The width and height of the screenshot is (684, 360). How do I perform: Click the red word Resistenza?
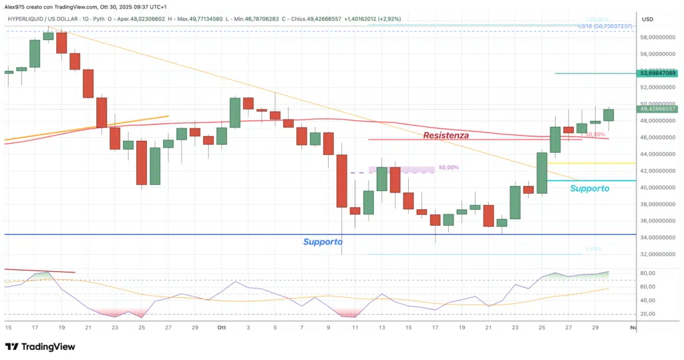click(446, 135)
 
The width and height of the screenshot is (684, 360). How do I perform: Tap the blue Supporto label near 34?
click(323, 241)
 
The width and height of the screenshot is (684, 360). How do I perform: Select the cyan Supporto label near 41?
click(589, 188)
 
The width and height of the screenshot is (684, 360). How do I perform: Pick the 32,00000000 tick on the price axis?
click(657, 254)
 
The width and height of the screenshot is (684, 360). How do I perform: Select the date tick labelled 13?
click(381, 327)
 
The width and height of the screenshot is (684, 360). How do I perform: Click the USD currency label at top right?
click(647, 19)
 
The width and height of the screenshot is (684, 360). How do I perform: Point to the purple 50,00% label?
click(448, 168)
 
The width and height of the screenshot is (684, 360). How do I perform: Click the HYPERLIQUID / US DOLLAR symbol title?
click(43, 19)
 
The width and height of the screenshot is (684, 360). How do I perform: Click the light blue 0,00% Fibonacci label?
click(593, 249)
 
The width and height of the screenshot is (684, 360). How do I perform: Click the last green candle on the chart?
click(608, 114)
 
